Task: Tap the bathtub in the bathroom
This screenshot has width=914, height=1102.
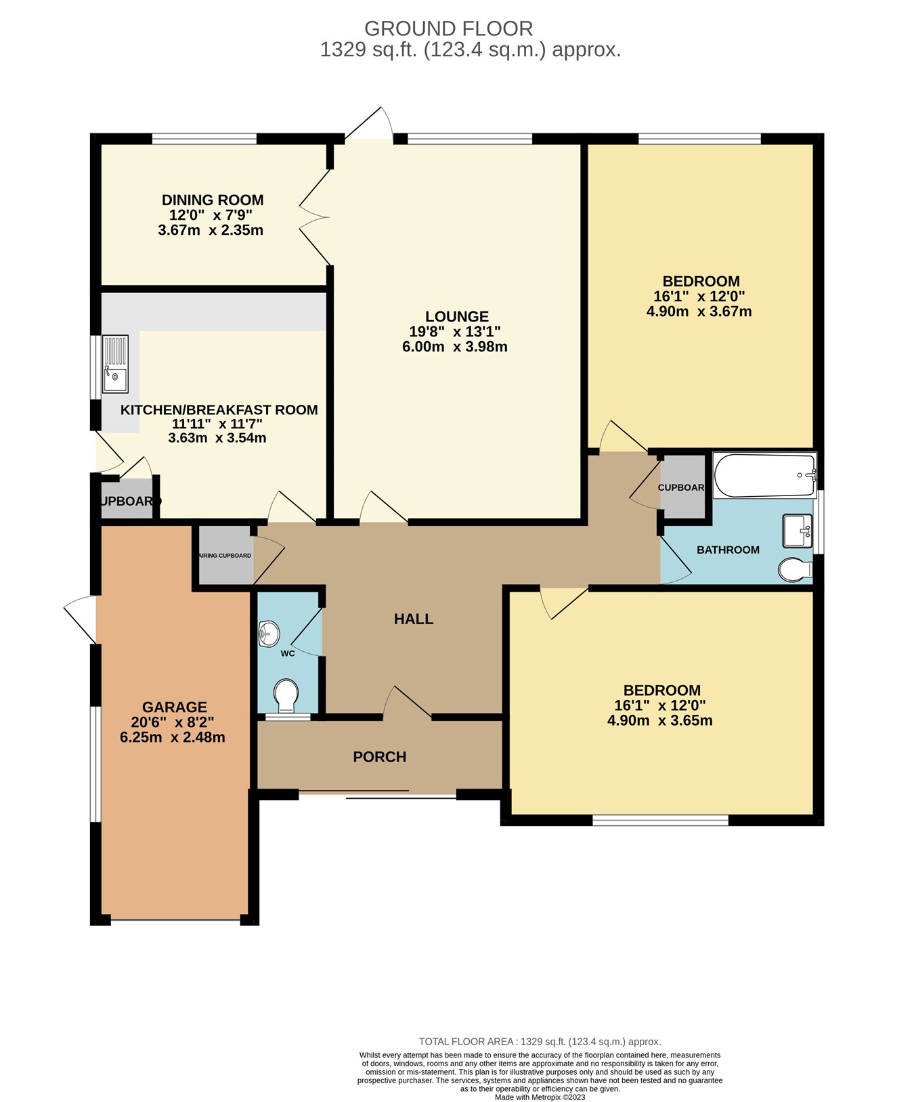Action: [x=764, y=475]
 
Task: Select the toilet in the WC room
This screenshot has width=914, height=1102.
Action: [x=286, y=695]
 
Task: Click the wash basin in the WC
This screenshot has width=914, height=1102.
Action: [x=269, y=634]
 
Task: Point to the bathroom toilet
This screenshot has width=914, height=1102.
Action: [x=794, y=570]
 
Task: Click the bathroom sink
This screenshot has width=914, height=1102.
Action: [x=797, y=530]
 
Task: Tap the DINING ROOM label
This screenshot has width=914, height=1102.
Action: [x=213, y=200]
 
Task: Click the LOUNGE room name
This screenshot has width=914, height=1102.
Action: [x=457, y=316]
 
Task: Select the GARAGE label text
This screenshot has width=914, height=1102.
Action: [x=175, y=707]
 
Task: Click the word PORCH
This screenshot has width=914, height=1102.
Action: [x=380, y=757]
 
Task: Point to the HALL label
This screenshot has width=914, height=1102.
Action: [x=414, y=619]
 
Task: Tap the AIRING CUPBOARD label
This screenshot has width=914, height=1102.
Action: [x=225, y=556]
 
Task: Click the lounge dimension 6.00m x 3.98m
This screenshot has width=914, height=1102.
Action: [x=455, y=347]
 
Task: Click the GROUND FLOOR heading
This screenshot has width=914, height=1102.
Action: [x=448, y=28]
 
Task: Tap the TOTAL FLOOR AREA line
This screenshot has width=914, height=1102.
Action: [x=540, y=1042]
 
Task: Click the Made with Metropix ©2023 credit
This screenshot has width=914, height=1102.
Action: [x=540, y=1097]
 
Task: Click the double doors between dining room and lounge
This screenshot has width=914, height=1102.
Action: [x=315, y=217]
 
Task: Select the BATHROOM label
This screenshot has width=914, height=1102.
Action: [x=728, y=550]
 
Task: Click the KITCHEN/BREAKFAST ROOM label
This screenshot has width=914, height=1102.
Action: [x=219, y=410]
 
